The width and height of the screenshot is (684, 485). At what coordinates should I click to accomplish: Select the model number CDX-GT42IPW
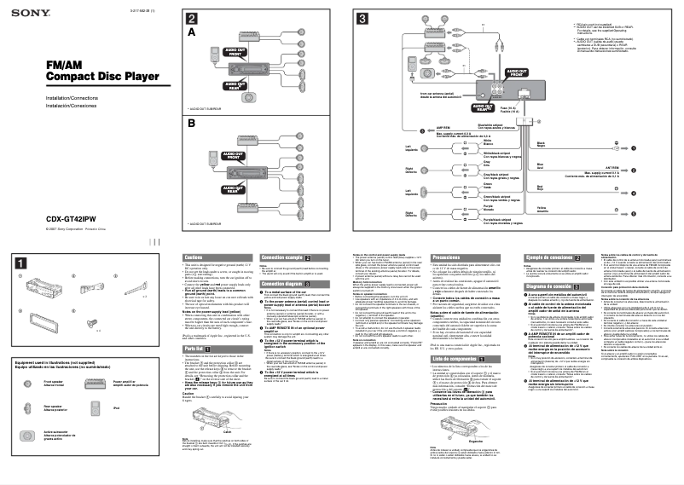pos(69,217)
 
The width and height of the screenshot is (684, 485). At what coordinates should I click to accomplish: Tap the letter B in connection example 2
pos(192,123)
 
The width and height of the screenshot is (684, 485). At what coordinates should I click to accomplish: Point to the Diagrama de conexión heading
pos(551,287)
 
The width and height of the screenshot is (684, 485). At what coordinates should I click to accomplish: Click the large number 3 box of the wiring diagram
pos(362,19)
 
